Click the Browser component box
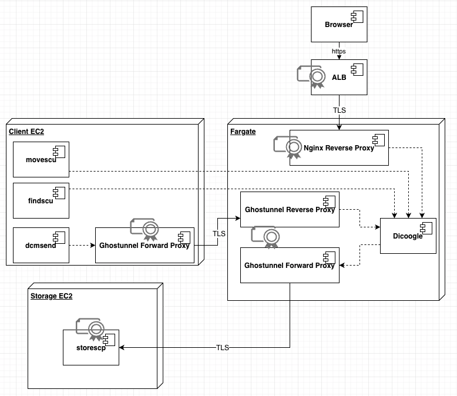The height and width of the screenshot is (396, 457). (x=339, y=24)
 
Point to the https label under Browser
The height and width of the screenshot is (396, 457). (x=339, y=51)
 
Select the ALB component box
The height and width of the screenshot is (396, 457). (x=339, y=77)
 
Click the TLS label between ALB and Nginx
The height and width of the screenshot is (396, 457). (x=339, y=110)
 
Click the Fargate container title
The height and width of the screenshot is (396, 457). (x=243, y=132)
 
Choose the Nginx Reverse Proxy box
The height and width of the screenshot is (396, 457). (x=338, y=148)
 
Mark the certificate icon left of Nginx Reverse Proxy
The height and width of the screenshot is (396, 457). (x=285, y=147)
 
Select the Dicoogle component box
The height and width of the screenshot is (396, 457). (x=408, y=236)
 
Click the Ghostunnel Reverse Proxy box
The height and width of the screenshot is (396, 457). (x=290, y=209)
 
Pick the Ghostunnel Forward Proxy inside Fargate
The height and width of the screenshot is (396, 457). (x=290, y=265)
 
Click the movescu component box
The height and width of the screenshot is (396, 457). (x=41, y=159)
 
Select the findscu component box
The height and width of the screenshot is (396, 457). (x=41, y=200)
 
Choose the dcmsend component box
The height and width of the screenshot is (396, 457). (x=41, y=245)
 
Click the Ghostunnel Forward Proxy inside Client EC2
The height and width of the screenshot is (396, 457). (x=145, y=245)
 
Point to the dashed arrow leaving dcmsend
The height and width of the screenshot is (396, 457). (x=82, y=245)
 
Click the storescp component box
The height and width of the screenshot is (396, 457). (x=90, y=347)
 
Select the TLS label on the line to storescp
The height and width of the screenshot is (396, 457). (x=222, y=348)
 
